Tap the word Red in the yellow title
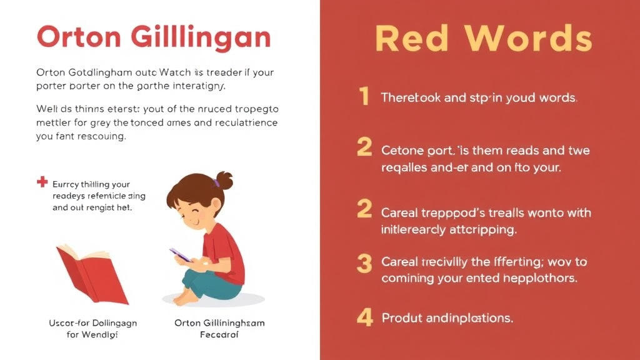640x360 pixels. [412, 39]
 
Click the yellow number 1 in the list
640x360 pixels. [364, 97]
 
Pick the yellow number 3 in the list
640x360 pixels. [364, 264]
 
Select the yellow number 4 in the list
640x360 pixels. [364, 317]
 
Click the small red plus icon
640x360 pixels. [42, 182]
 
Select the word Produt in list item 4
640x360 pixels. [402, 318]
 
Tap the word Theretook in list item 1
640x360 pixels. [409, 98]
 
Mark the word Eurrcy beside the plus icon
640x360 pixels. [71, 184]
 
